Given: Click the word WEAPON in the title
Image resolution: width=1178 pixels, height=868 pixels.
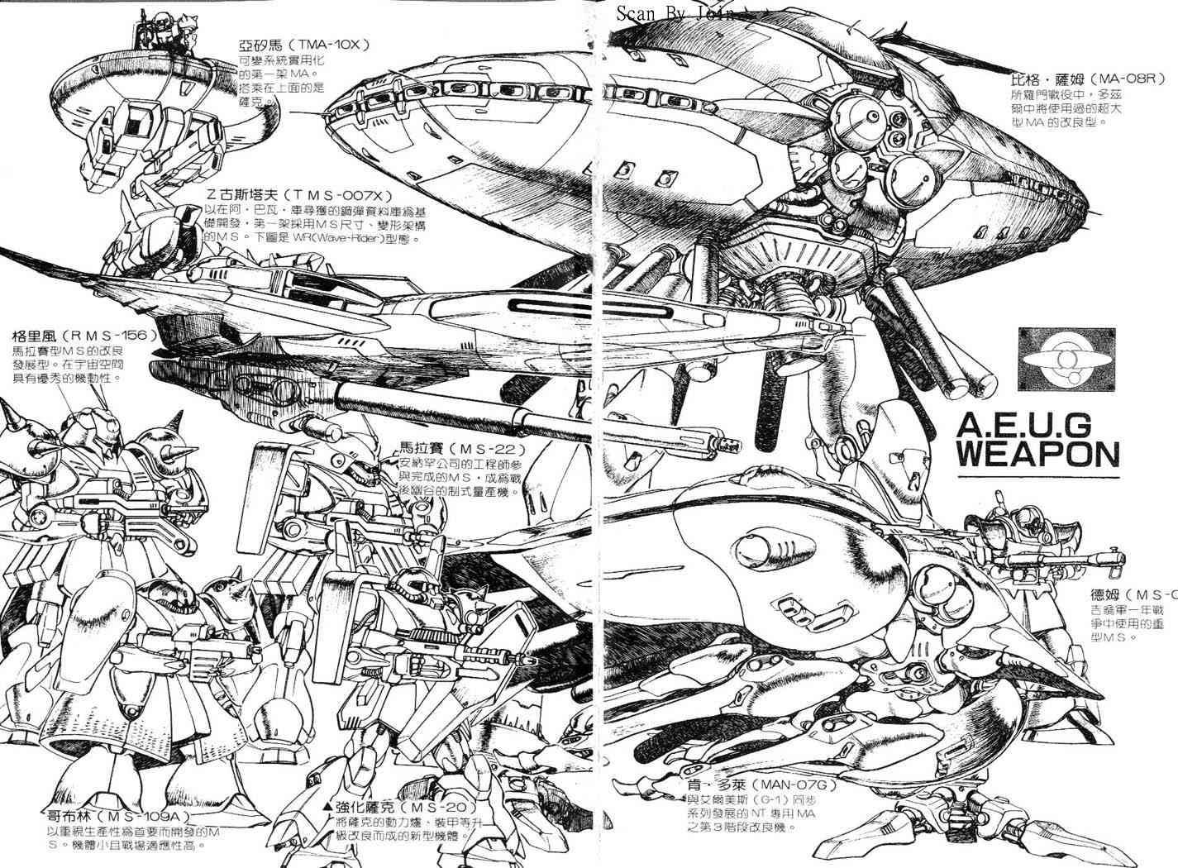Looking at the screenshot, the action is [1037, 454].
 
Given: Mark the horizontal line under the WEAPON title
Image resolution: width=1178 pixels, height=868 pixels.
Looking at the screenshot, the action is [1038, 477].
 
